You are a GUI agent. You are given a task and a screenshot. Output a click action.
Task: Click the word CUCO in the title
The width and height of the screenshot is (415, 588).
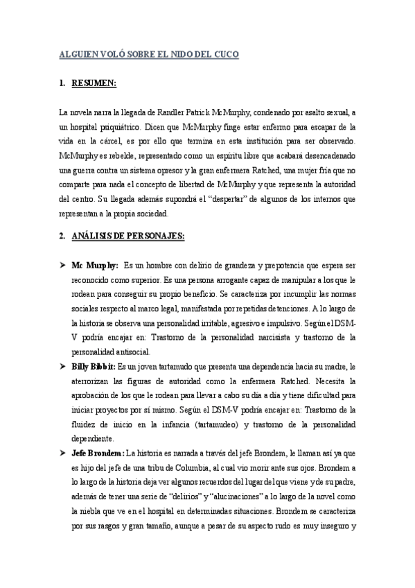(226, 54)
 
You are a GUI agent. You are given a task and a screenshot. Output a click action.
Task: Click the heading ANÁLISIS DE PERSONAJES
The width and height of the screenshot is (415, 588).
(127, 236)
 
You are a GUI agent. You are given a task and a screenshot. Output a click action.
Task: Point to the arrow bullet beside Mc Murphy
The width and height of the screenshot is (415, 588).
(62, 266)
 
